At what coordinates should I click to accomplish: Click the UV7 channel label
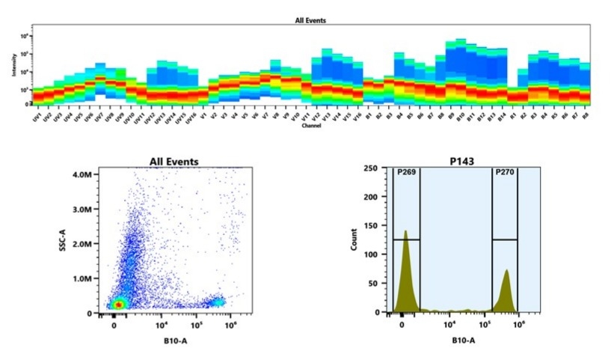[x=99, y=117]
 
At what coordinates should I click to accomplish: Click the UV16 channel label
[x=191, y=118]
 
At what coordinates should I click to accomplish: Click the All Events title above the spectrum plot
[x=310, y=20]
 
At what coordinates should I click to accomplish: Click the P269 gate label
[x=406, y=174]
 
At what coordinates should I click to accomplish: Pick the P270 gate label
[x=505, y=174]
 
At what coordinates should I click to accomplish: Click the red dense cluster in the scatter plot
[x=118, y=305]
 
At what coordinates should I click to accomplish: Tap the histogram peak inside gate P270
[x=506, y=273]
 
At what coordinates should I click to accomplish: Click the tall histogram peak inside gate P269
[x=405, y=234]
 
